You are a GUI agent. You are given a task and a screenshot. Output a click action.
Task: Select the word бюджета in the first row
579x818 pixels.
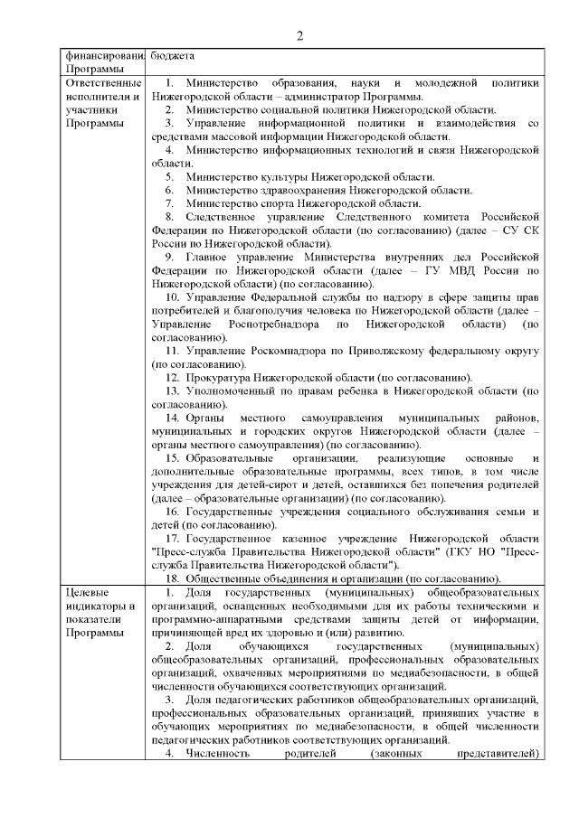point(172,54)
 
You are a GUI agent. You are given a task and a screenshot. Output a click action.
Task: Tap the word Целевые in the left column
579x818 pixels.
point(87,592)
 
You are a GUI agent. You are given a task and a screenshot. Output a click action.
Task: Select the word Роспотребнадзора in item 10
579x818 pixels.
point(271,324)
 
